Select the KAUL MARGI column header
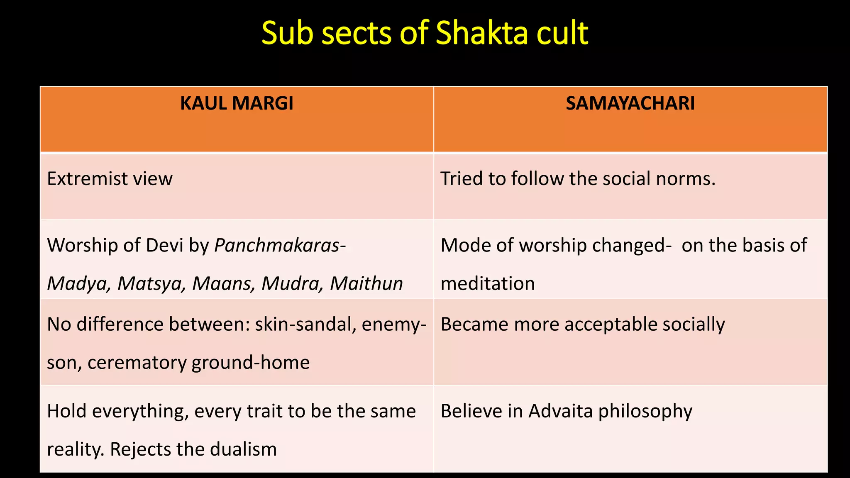pyautogui.click(x=237, y=103)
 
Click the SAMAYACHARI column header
pyautogui.click(x=630, y=103)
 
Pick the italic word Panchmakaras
pyautogui.click(x=277, y=246)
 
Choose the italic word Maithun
pyautogui.click(x=366, y=284)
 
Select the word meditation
pyautogui.click(x=488, y=284)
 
